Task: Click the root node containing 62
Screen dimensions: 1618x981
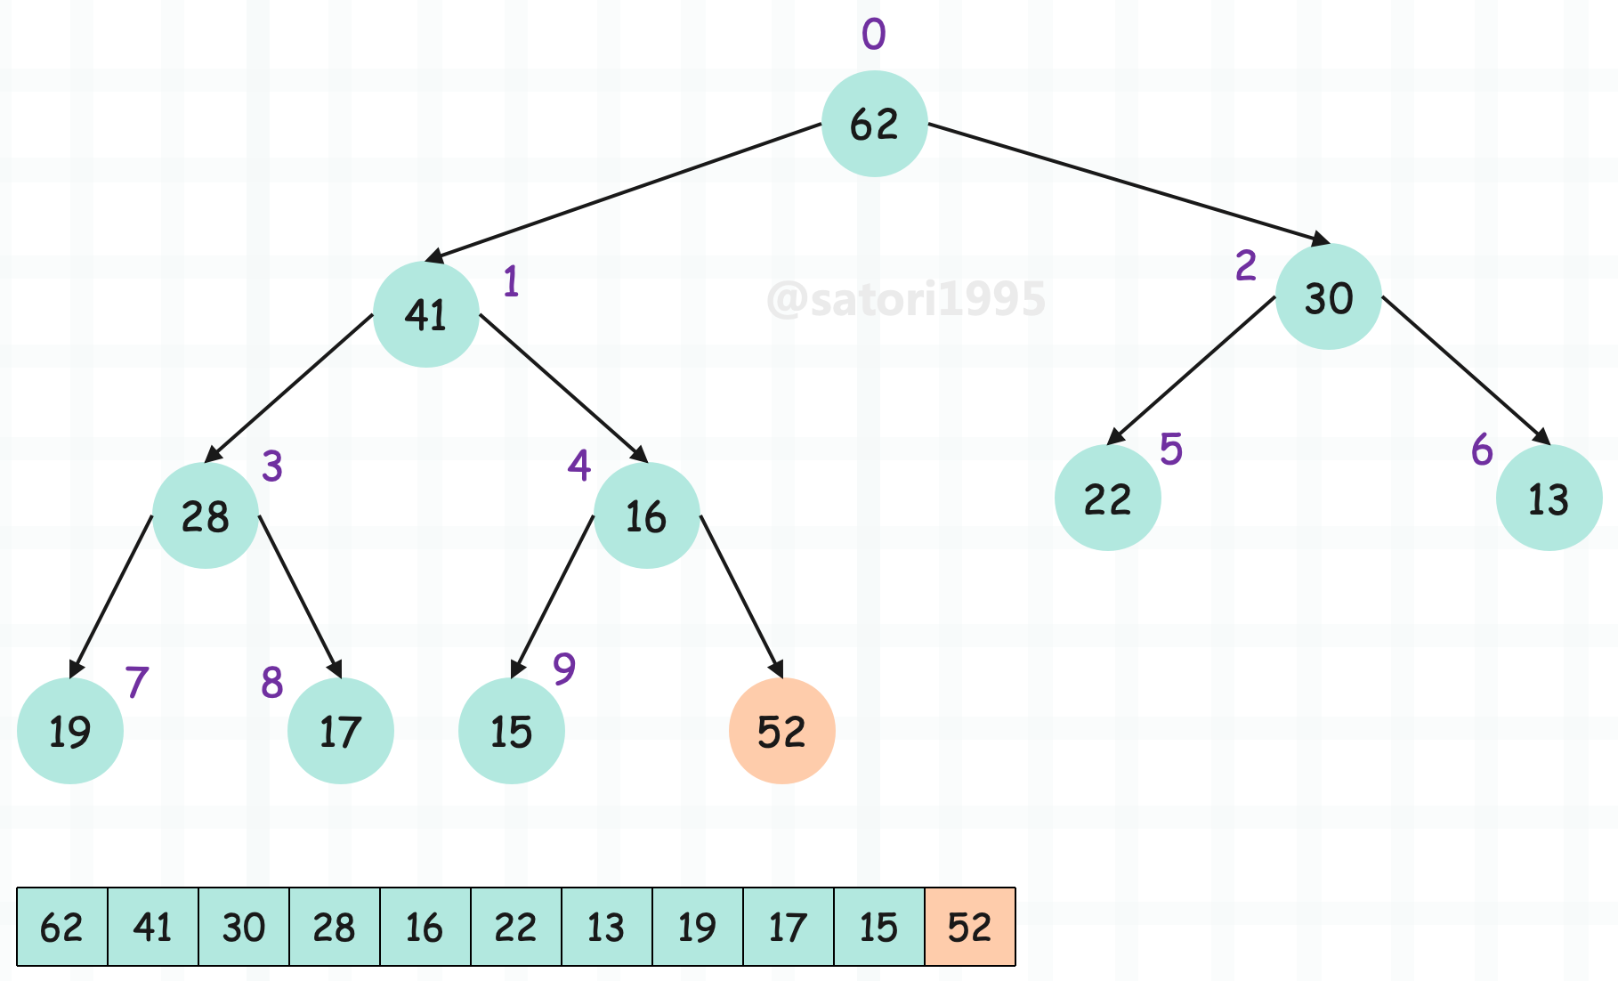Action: tap(874, 124)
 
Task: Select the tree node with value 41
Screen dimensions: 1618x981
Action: tap(426, 314)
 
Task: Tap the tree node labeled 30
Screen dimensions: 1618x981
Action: tap(1328, 296)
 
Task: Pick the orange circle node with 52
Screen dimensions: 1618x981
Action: tap(782, 731)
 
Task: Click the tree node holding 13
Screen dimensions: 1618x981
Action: tap(1549, 498)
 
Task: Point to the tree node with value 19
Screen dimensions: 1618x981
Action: tap(70, 731)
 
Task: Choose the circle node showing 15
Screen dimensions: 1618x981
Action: tap(512, 731)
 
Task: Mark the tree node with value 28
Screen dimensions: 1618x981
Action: tap(206, 515)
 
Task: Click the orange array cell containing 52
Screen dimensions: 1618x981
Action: tap(970, 927)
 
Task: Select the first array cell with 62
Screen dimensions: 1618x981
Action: tap(62, 927)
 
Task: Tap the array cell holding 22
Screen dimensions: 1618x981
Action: tap(516, 927)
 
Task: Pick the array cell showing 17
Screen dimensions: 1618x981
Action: tap(789, 927)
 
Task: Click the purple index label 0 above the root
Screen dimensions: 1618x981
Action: tap(874, 34)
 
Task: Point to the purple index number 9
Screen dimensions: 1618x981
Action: tap(564, 668)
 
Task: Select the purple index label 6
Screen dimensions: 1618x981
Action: tap(1482, 450)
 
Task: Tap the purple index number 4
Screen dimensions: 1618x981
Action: tap(579, 465)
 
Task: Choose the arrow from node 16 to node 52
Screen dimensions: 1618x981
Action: tap(742, 596)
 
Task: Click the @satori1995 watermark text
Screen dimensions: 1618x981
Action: tap(906, 299)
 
